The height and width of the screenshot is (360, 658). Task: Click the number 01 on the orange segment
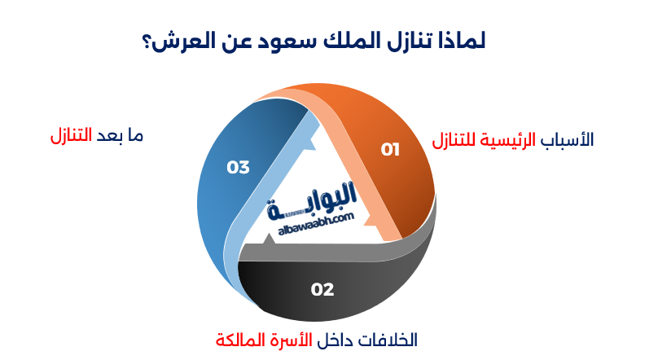point(392,149)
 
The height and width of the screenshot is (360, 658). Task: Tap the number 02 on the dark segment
point(322,288)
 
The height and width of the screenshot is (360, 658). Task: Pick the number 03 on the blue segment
point(238,167)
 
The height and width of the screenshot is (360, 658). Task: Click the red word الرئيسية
point(512,140)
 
